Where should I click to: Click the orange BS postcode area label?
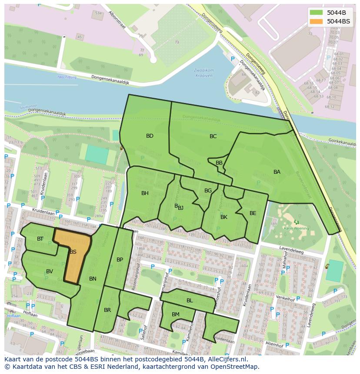point(73,252)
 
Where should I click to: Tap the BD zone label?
point(150,136)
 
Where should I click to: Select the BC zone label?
point(213,136)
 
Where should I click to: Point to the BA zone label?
point(277,172)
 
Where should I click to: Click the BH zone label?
point(145,193)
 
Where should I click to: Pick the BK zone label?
point(224,217)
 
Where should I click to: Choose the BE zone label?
point(253,213)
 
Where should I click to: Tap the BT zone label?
point(40,239)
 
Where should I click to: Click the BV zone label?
point(50,271)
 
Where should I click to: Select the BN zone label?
point(93,279)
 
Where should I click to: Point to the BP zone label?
point(120,260)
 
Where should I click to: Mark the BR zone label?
point(107,310)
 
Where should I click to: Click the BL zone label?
point(190,301)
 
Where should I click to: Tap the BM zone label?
point(176,314)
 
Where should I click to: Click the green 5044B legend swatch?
point(316,13)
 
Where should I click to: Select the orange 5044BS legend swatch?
point(316,21)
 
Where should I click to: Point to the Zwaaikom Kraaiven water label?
point(203,72)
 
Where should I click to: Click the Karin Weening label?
point(296,228)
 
